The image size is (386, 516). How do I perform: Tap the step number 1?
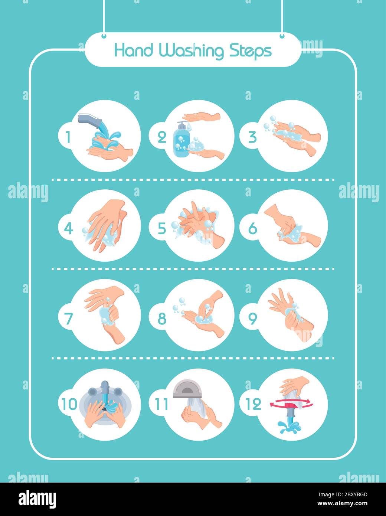click(x=68, y=137)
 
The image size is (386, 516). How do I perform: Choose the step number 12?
click(x=253, y=404)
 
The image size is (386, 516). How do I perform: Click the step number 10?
click(x=69, y=404)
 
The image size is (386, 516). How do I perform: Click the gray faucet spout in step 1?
click(x=90, y=120)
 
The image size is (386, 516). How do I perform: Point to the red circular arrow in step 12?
click(x=291, y=404)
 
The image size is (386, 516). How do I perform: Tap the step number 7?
click(x=68, y=319)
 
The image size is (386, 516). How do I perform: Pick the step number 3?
click(x=252, y=137)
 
